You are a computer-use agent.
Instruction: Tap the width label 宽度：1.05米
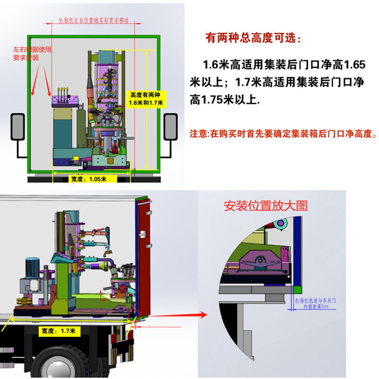click(87, 179)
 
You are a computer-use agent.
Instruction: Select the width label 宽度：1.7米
click(57, 330)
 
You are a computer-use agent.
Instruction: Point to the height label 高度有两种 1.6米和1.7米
click(146, 99)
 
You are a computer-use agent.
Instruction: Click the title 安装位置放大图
click(266, 206)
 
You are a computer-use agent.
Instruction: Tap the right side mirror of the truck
click(169, 126)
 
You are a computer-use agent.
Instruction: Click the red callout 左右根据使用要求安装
click(32, 54)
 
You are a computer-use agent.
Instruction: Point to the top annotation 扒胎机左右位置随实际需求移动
click(93, 21)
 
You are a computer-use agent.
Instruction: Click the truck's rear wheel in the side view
click(52, 367)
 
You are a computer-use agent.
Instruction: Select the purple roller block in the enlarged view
click(260, 262)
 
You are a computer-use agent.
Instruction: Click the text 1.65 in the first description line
click(353, 63)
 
